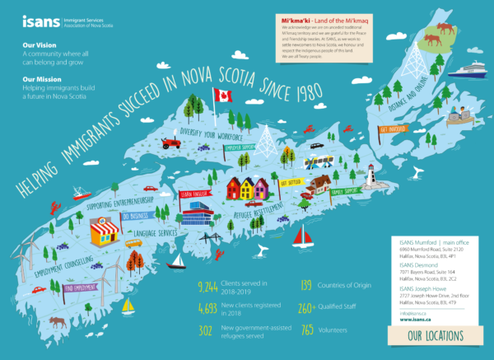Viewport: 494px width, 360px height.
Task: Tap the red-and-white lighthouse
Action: pos(370,175)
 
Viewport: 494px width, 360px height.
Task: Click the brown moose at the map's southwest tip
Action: pos(57,321)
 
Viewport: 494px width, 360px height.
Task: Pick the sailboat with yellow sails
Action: pos(128,306)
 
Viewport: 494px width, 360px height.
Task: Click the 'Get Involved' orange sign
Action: pos(394,129)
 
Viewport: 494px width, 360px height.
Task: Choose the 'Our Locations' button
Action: pos(432,335)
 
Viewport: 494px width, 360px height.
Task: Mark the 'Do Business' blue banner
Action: pos(136,216)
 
